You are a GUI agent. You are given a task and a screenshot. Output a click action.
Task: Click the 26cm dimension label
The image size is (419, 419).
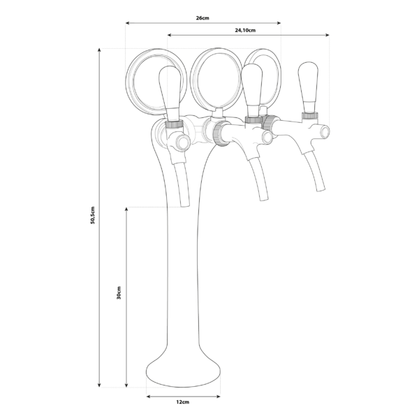pyautogui.click(x=203, y=17)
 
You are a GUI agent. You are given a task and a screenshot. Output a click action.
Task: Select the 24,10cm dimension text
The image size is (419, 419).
pyautogui.click(x=245, y=30)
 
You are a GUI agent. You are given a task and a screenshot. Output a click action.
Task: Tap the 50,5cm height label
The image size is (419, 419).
pyautogui.click(x=93, y=216)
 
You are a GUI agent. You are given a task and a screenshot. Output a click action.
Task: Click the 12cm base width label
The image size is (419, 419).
pyautogui.click(x=183, y=403)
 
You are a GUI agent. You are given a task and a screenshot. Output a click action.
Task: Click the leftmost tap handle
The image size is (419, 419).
pyautogui.click(x=170, y=91)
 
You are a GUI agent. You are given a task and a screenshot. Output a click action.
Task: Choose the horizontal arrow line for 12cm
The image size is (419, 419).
pyautogui.click(x=183, y=395)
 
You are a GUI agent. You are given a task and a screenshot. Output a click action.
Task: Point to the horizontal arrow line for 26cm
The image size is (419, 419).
pyautogui.click(x=203, y=24)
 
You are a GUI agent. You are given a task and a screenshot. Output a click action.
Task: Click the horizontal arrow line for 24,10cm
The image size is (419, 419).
pyautogui.click(x=248, y=35)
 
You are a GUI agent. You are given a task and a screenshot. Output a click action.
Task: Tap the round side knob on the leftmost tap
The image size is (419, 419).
pyautogui.click(x=183, y=143)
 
